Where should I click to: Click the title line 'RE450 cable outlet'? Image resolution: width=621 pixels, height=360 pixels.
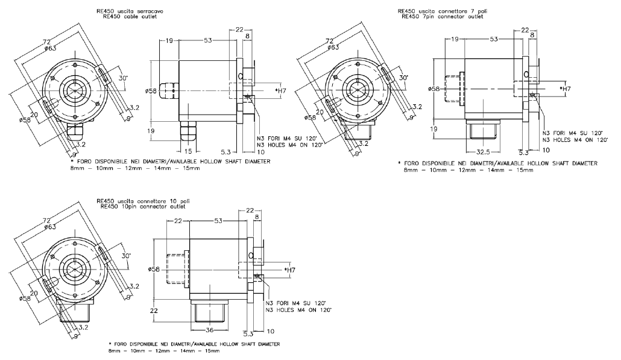pos(130,17)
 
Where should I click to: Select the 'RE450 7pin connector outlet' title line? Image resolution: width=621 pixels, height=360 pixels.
pos(442,17)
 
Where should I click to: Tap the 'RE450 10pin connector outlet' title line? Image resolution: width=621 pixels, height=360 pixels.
pos(143,206)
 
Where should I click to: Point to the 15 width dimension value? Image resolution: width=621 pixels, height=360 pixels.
pos(188,151)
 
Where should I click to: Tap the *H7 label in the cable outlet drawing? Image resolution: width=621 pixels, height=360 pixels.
pos(280,91)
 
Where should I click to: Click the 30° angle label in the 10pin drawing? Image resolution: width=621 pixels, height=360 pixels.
pos(127,256)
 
